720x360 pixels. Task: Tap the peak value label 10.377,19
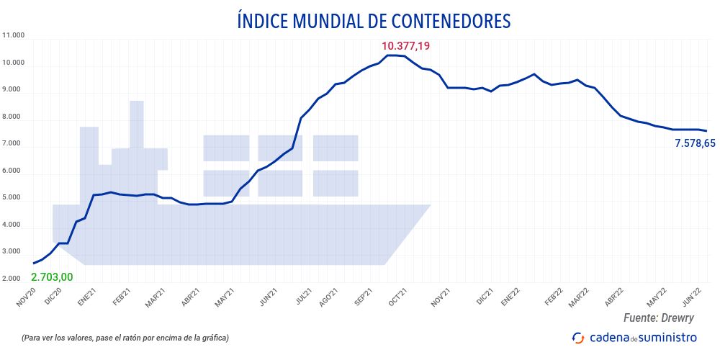(405, 46)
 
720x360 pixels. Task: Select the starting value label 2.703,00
(52, 277)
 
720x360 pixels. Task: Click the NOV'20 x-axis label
(26, 296)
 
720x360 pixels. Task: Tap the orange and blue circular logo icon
(577, 337)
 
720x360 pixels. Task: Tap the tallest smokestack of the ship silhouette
(137, 122)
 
